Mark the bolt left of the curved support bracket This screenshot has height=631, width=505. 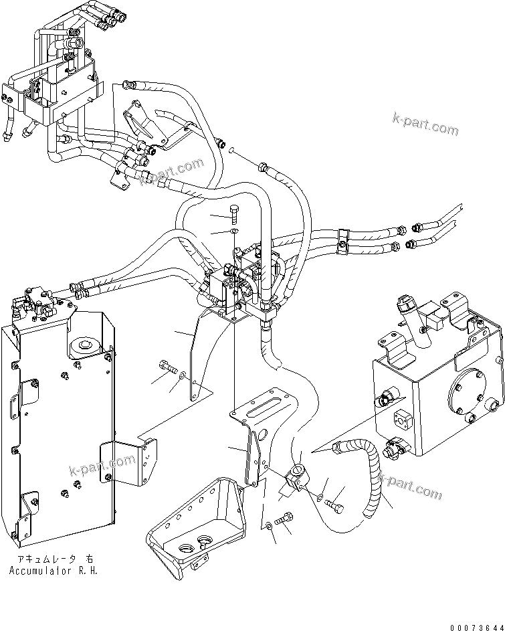(167, 367)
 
